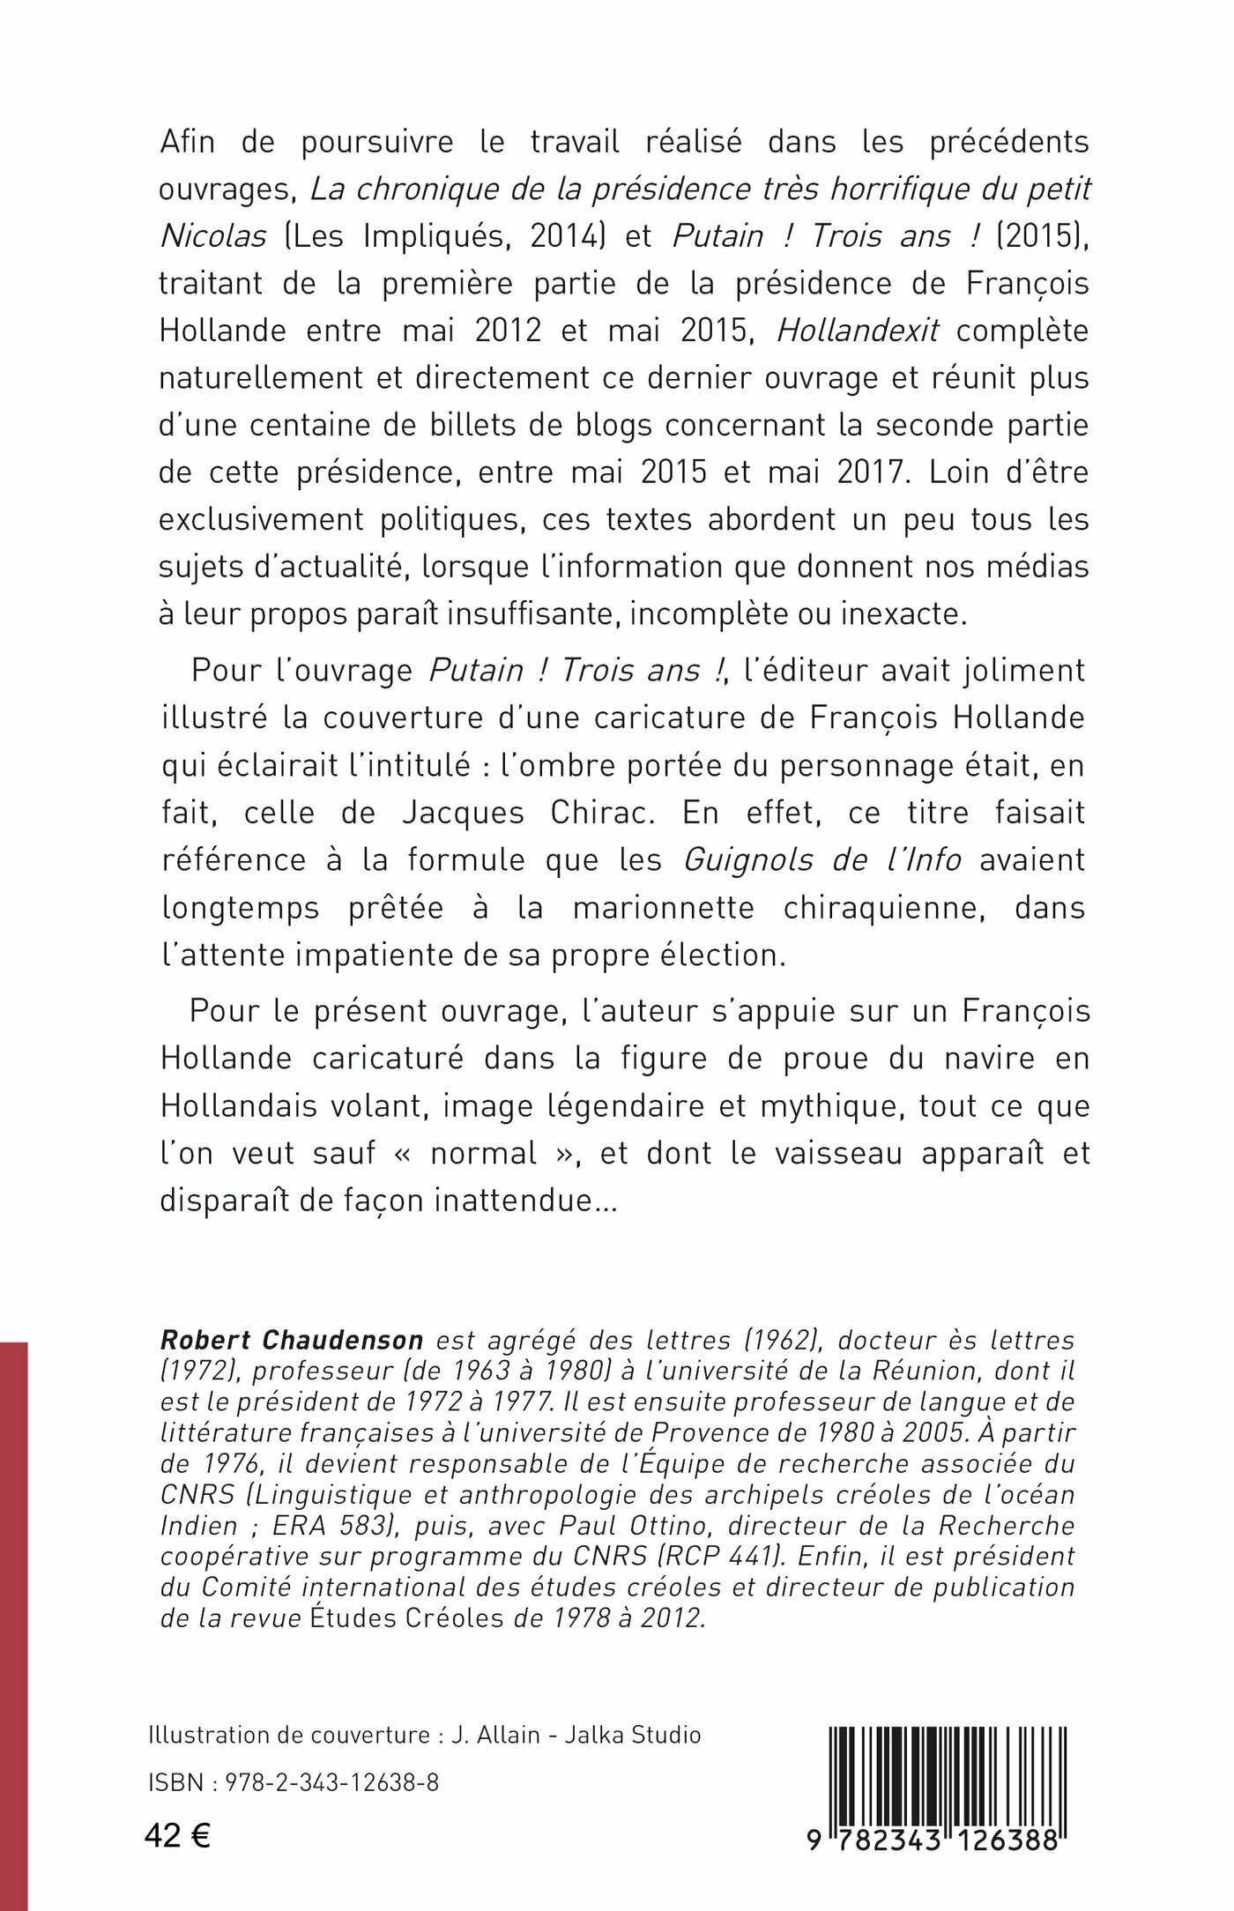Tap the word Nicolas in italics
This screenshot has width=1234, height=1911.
212,236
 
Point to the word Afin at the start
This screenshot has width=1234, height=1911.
188,141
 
